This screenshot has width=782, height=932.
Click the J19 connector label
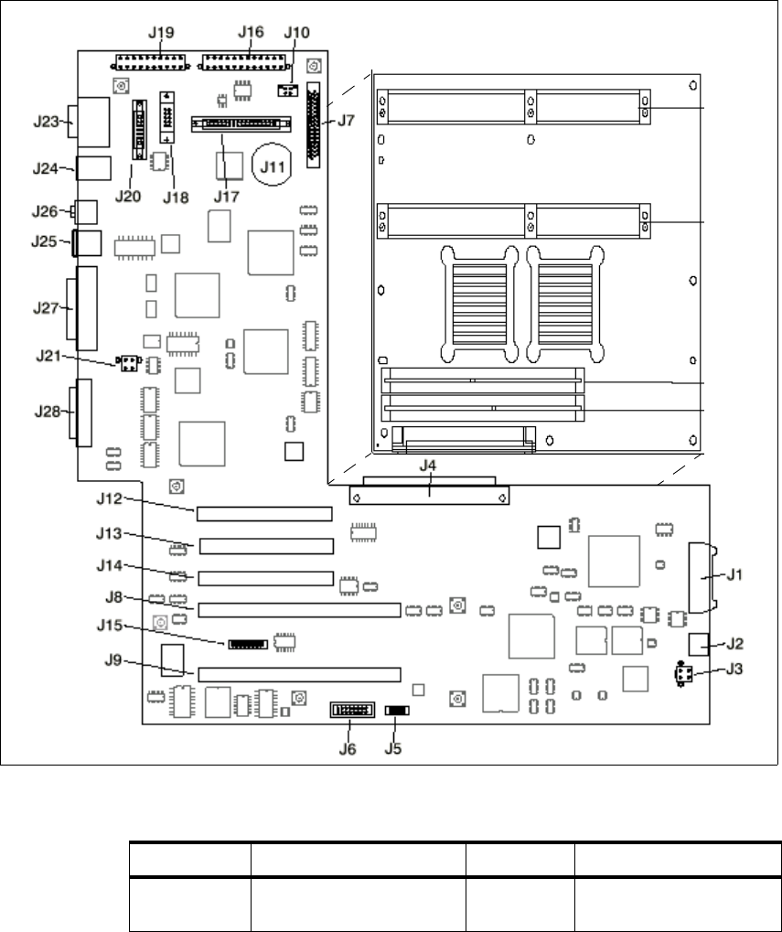tap(161, 32)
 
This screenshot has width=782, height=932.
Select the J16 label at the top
tap(251, 31)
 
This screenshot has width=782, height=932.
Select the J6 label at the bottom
tap(347, 747)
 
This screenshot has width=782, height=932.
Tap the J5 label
tap(393, 747)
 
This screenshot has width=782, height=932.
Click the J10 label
tap(297, 32)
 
